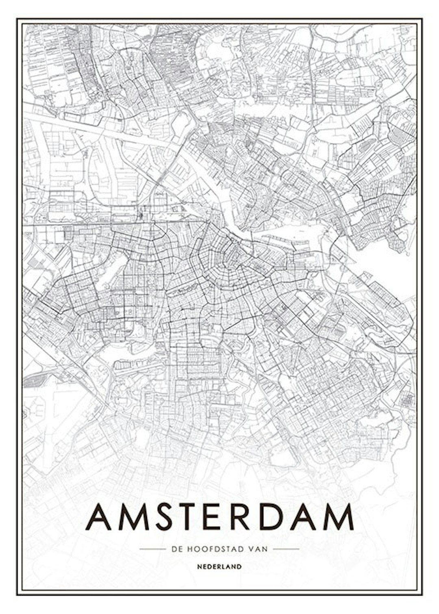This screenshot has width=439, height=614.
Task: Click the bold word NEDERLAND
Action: tap(219, 566)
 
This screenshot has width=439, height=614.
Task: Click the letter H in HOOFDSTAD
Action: tap(189, 549)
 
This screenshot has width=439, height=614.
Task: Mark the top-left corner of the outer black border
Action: tap(17, 19)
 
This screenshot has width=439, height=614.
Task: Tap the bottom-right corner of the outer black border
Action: tap(422, 595)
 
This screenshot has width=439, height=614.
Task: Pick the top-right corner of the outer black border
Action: tap(422, 19)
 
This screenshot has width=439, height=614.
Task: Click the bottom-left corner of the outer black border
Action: tap(17, 595)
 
